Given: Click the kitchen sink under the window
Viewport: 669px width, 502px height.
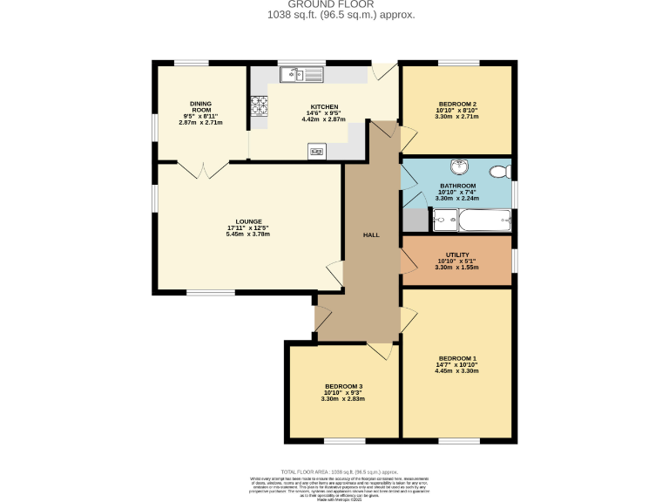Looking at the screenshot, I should point(301,76).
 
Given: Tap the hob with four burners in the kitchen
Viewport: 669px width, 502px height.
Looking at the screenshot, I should point(260,105).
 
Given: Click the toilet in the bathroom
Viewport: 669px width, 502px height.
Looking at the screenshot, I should point(499,171).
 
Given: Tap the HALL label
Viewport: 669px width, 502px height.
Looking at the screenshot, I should point(371,235).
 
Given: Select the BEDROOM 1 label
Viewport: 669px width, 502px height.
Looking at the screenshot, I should point(457,358).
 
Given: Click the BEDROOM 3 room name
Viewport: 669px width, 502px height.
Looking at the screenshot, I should point(343,386).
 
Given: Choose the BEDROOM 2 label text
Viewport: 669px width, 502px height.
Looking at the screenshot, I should point(456,103).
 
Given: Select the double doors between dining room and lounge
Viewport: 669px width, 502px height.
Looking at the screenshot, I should point(203,169).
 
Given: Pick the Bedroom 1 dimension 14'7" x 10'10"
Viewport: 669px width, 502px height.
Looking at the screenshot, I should point(457,365).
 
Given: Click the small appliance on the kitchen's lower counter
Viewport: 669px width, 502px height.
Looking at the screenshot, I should point(316,152).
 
